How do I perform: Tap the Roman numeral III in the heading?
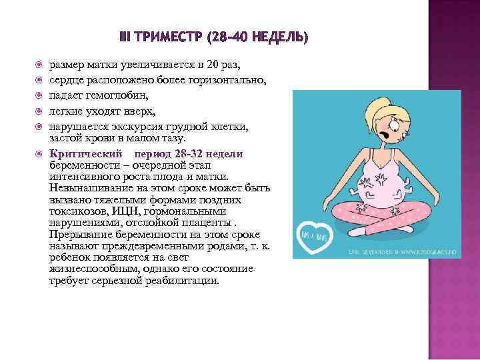click(124, 37)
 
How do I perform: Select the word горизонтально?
click(228, 80)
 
